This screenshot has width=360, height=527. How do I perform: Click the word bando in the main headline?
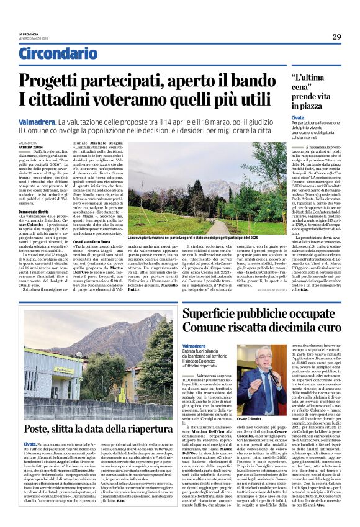(252, 80)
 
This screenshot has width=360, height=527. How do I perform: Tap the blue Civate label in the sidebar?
(298, 117)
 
